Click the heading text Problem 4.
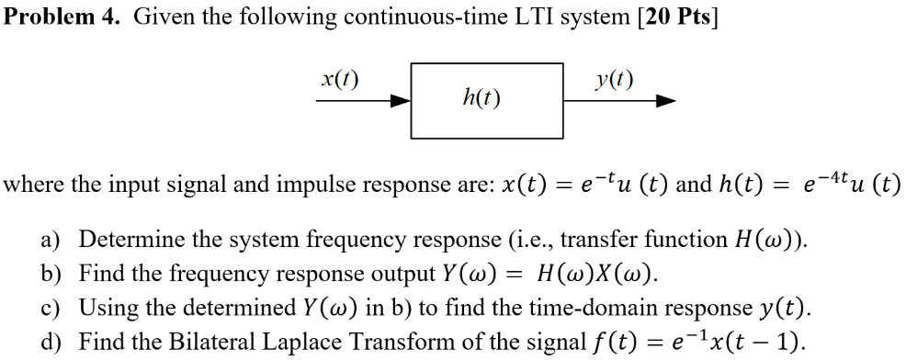point(62,17)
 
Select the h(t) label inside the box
point(482,96)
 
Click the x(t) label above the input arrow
point(340,79)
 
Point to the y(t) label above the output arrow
point(614,79)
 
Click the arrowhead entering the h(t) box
point(402,102)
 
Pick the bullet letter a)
point(51,242)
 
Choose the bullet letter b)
point(51,275)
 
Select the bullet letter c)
point(51,308)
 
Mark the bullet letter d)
point(51,342)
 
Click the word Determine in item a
point(124,242)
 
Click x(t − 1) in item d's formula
point(761,342)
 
